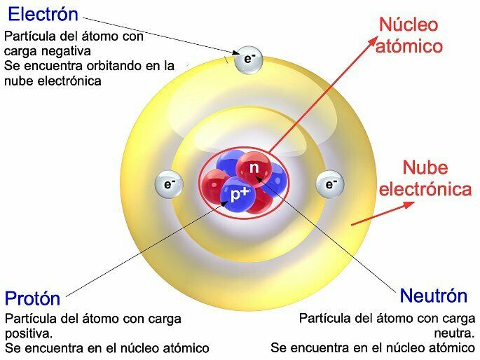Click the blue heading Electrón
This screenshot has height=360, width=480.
[x=43, y=15]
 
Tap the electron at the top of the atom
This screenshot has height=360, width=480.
[x=249, y=59]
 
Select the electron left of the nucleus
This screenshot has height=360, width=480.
[x=169, y=185]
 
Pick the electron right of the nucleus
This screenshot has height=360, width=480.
[x=330, y=184]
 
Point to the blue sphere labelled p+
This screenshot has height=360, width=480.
[x=238, y=194]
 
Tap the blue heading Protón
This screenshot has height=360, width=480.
[x=33, y=298]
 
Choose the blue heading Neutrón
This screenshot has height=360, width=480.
[x=433, y=295]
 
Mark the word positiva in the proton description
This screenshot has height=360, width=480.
[x=27, y=333]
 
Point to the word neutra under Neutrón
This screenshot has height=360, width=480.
[x=458, y=333]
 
